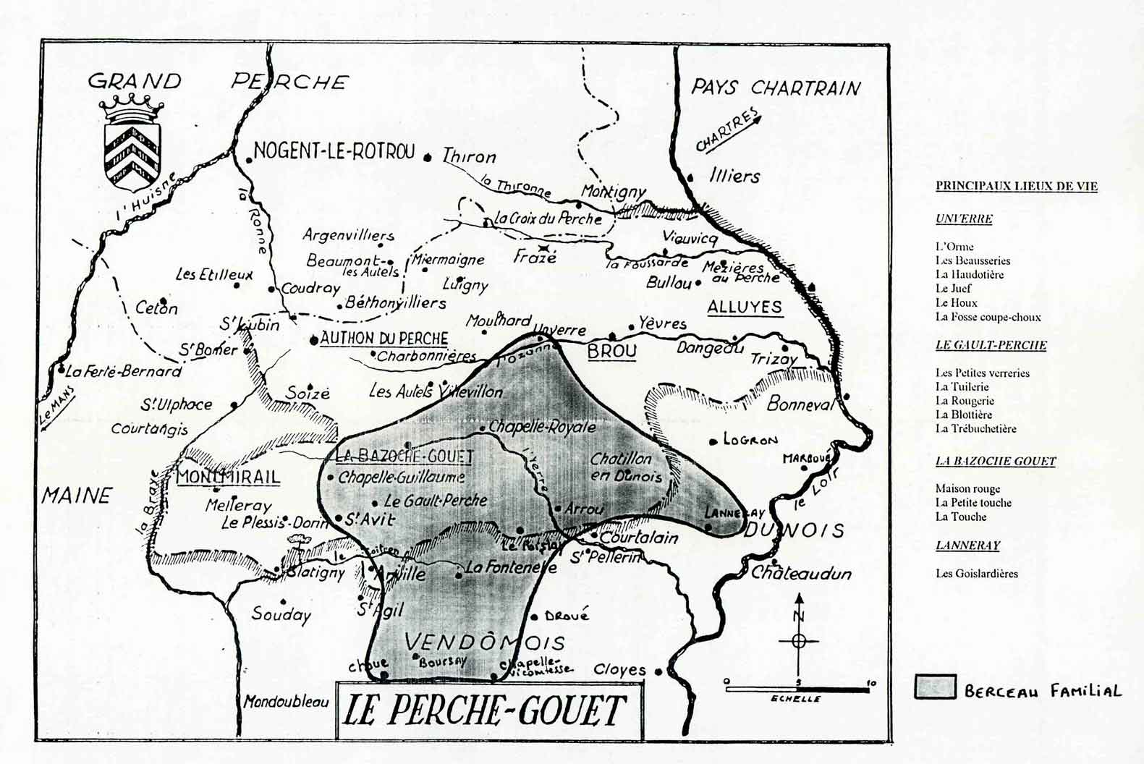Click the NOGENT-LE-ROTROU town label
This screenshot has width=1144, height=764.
(334, 152)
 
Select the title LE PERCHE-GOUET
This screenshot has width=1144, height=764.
(483, 710)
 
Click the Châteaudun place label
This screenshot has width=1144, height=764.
(801, 574)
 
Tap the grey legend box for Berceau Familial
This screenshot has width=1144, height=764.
(935, 687)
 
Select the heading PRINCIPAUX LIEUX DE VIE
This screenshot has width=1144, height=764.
(1016, 186)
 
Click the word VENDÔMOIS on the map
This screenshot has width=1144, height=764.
(484, 642)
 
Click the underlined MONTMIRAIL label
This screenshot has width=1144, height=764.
(228, 477)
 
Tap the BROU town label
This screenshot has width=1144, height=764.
(612, 352)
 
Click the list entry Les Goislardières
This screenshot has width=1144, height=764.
(976, 574)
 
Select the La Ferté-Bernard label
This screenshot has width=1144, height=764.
(123, 372)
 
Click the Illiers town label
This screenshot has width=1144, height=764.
(734, 176)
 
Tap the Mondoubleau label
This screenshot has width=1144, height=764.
(285, 701)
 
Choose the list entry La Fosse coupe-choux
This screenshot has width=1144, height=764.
(988, 317)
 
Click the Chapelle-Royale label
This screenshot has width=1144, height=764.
(542, 427)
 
